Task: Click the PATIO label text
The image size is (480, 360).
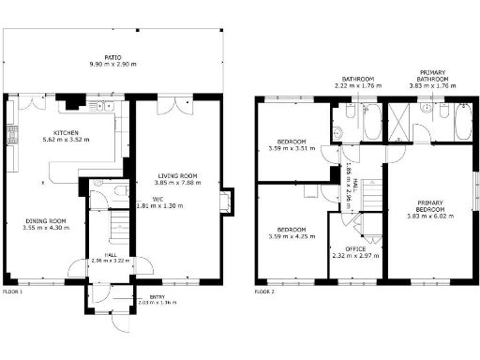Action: (x=112, y=55)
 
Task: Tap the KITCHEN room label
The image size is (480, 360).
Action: (x=66, y=132)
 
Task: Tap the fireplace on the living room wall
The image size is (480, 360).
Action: (x=222, y=202)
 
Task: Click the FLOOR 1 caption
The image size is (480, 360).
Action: (x=12, y=292)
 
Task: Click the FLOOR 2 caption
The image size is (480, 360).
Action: (x=264, y=292)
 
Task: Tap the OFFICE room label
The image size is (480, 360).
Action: (x=355, y=248)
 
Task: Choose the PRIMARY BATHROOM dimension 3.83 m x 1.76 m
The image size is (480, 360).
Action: (x=432, y=85)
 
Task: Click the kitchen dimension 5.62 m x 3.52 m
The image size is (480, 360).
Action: (x=66, y=139)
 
